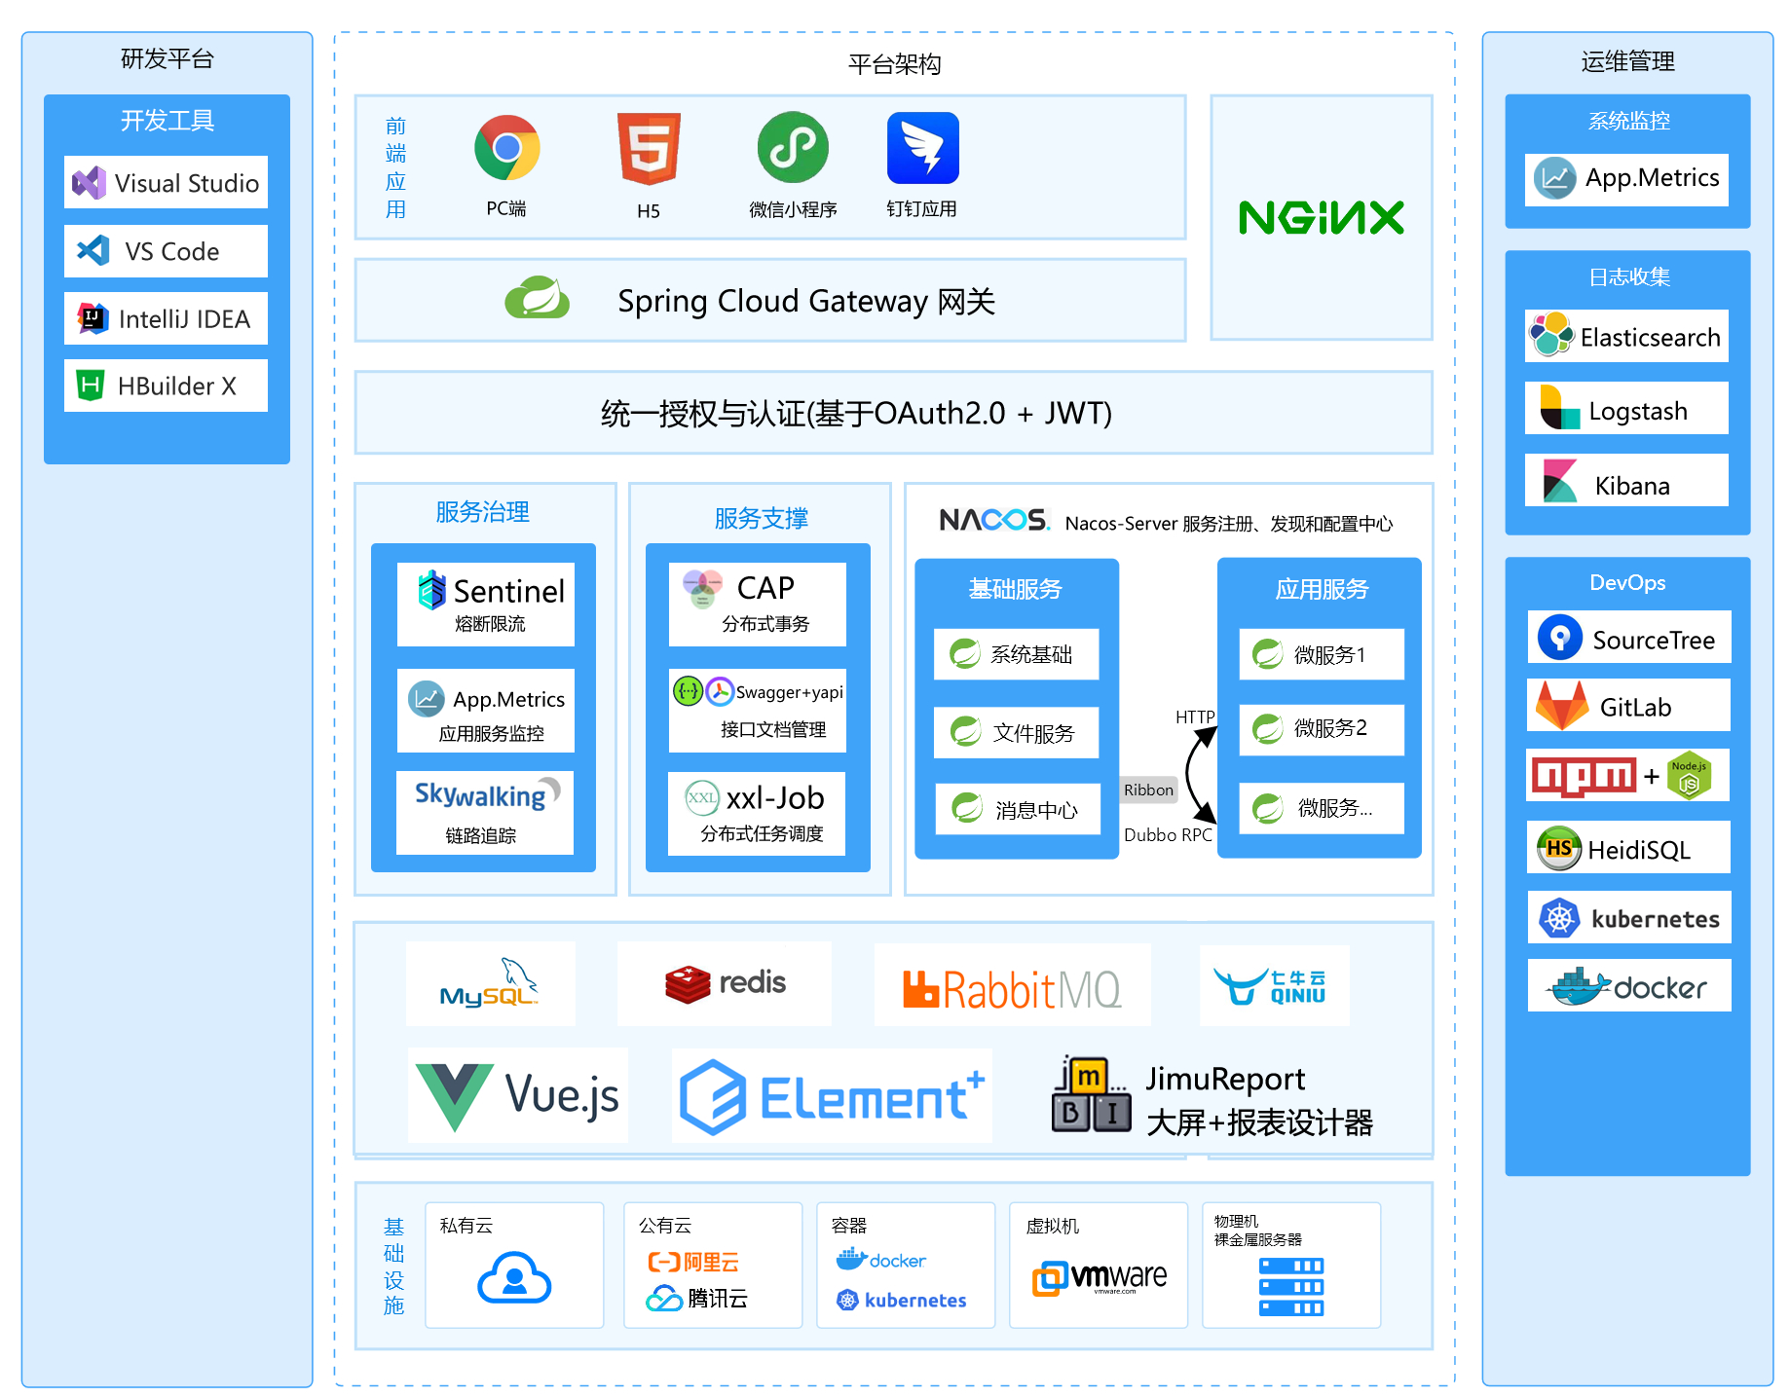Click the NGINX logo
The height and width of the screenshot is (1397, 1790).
point(1321,218)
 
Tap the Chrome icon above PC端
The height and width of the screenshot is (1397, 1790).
point(506,148)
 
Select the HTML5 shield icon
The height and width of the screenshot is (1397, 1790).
point(649,149)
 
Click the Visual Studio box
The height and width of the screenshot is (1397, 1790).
point(166,182)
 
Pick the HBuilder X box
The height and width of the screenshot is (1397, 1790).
point(166,386)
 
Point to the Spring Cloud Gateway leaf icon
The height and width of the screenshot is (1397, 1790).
point(537,298)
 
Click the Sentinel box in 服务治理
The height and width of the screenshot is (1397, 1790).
point(486,604)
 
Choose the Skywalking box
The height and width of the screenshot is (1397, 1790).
point(485,812)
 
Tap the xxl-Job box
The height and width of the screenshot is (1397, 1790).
point(757,813)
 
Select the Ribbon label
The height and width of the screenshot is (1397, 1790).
point(1148,790)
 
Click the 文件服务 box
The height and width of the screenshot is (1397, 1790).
point(1016,732)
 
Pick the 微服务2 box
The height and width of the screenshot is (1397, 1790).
point(1322,729)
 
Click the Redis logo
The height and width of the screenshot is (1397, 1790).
point(726,983)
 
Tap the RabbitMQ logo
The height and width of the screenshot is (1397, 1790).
point(1012,989)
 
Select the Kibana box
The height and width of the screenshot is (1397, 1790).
point(1626,480)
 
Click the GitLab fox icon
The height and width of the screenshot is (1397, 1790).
point(1561,706)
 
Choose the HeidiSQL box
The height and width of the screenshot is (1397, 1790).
point(1628,847)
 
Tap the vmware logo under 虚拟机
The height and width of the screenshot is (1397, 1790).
point(1100,1277)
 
